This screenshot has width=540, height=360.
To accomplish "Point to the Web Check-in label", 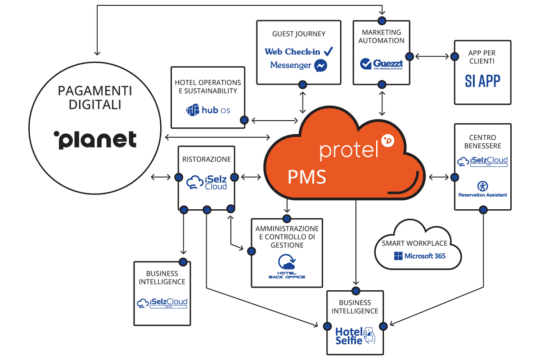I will coord(293,50).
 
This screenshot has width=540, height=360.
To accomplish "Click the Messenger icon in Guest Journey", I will coord(321,65).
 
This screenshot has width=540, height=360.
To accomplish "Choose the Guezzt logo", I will coord(379,63).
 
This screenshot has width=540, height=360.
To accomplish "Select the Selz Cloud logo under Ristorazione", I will coord(205,183).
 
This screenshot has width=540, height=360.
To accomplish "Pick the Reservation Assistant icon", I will coord(482,187).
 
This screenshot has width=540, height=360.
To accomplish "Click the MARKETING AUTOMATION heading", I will coord(379,37).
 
